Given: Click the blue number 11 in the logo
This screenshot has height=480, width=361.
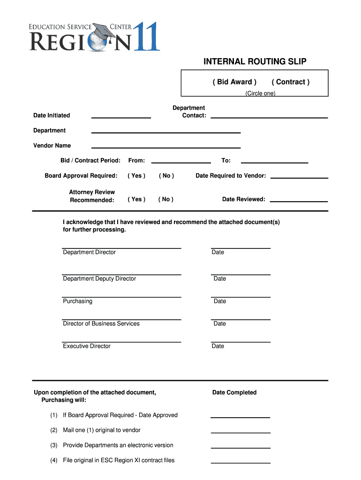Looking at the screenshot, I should (x=146, y=37).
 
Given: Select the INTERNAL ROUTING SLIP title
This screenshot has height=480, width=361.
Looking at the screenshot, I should (x=255, y=62).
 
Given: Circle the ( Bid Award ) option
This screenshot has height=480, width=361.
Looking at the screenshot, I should (x=234, y=82).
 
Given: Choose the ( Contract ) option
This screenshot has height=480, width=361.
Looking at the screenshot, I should (x=290, y=82).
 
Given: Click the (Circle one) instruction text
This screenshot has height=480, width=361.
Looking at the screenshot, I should (x=260, y=93).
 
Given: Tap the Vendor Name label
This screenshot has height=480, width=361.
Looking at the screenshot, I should (x=52, y=145).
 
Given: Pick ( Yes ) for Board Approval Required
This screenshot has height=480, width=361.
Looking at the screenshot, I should (x=136, y=176).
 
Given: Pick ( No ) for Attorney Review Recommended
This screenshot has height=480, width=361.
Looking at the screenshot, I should (x=166, y=199).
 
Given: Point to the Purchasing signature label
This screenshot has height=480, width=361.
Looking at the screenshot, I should (x=78, y=301).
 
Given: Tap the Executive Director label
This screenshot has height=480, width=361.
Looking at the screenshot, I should (x=87, y=346).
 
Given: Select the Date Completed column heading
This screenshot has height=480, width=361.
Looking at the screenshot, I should (x=234, y=392).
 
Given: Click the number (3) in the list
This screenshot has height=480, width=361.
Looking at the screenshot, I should (x=54, y=445).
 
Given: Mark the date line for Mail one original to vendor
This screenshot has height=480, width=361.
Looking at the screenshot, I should (x=241, y=432).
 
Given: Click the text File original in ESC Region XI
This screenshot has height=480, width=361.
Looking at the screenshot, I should (x=119, y=460).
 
